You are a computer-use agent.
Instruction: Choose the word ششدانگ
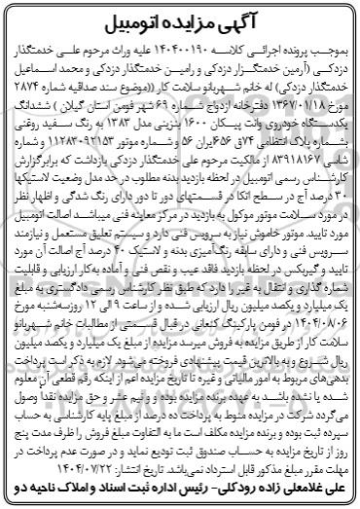coord(39,115)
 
